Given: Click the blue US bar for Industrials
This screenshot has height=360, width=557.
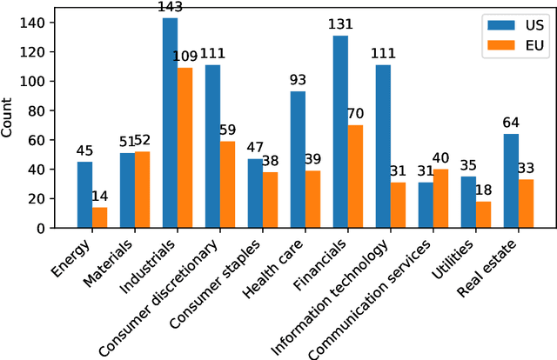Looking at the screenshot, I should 170,123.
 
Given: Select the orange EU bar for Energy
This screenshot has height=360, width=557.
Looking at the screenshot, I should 99,217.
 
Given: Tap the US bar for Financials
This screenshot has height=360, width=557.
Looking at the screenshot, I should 340,131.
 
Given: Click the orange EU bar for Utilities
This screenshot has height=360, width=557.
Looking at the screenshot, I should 483,215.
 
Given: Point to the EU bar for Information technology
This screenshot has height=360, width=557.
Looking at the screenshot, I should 398,205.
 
